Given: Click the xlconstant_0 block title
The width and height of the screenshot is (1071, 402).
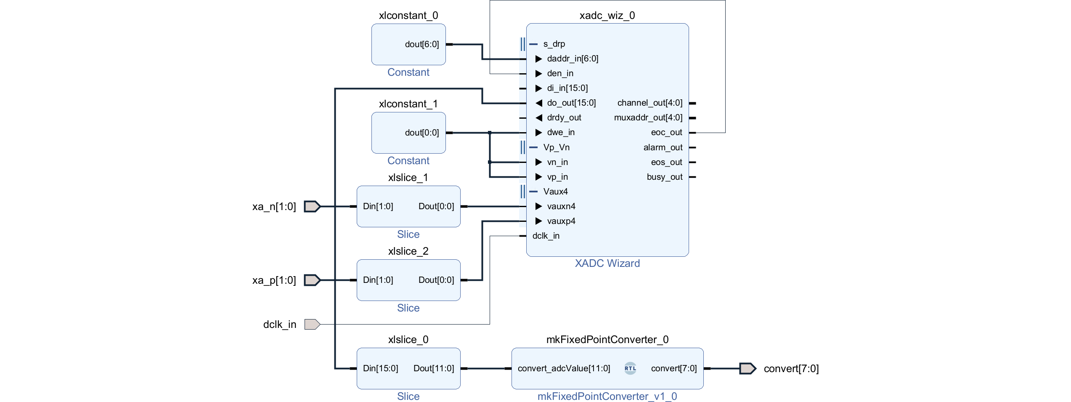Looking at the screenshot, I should (x=408, y=16).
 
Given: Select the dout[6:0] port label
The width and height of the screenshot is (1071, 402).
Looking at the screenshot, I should (x=422, y=44).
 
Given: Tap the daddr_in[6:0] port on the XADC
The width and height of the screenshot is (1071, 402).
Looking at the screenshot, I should (x=572, y=59).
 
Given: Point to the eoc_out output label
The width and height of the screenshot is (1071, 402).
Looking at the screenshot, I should (x=666, y=133).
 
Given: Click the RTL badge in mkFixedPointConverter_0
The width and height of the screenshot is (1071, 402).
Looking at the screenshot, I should (x=630, y=368).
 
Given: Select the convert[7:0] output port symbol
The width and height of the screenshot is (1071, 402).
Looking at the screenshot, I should (x=748, y=369).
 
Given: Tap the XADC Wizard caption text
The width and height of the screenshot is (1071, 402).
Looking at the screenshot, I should (x=607, y=264).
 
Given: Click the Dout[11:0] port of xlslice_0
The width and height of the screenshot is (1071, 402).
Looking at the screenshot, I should (x=433, y=368).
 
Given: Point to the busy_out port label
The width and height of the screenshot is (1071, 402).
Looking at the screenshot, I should (x=664, y=177).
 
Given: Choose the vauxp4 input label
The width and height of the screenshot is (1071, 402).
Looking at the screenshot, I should (x=561, y=221).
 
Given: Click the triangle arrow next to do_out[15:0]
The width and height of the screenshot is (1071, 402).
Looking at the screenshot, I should (x=539, y=103).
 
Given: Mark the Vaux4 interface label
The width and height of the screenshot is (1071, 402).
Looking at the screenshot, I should (x=555, y=192).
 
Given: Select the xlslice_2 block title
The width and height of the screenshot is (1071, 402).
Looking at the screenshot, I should (x=408, y=251).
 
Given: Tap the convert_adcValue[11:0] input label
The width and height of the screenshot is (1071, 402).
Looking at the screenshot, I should (x=564, y=368).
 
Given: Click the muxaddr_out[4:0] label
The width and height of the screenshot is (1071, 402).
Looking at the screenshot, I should (x=648, y=118).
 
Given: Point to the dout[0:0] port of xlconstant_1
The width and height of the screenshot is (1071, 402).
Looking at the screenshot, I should (x=422, y=133).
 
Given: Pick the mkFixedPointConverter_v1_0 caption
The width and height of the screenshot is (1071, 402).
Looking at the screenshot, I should (x=607, y=397).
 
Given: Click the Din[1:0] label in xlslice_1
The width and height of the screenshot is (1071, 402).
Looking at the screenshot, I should (x=378, y=206).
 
